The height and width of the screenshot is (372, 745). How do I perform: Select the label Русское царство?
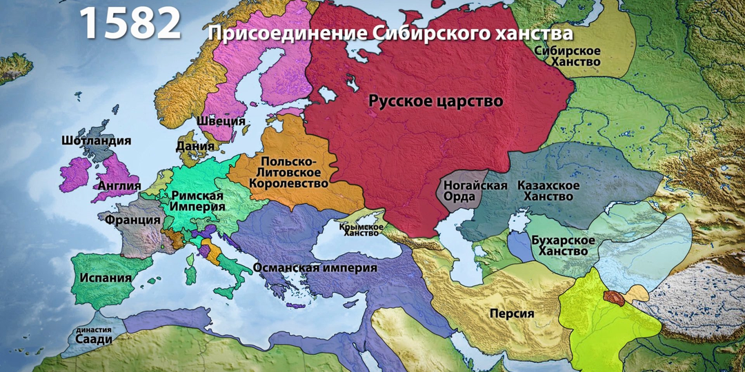pyautogui.click(x=435, y=101)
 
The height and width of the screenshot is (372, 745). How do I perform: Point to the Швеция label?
pyautogui.click(x=221, y=121)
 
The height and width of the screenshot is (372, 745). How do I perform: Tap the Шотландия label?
pyautogui.click(x=96, y=141)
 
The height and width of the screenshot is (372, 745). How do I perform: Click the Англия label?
pyautogui.click(x=119, y=185)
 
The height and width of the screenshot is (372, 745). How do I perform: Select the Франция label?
pyautogui.click(x=132, y=220)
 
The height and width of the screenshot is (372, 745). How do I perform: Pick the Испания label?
pyautogui.click(x=106, y=279)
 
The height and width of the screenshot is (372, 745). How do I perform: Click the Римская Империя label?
pyautogui.click(x=197, y=200)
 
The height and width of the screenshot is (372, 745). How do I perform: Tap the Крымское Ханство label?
pyautogui.click(x=361, y=229)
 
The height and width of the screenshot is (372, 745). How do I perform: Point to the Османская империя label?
pyautogui.click(x=315, y=267)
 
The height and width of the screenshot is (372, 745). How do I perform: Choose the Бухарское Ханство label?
pyautogui.click(x=564, y=245)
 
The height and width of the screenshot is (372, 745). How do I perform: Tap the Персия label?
pyautogui.click(x=512, y=313)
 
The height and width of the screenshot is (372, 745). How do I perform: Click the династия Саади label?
pyautogui.click(x=93, y=335)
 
